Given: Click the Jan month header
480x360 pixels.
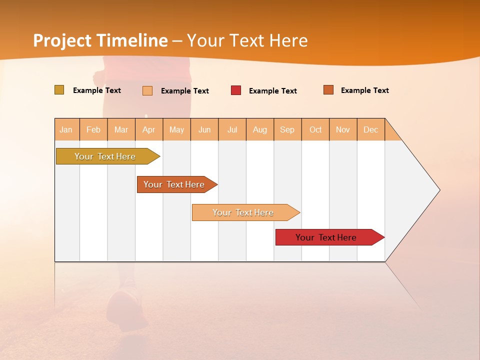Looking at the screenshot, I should pos(66,129).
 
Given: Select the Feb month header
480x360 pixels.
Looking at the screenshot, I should pos(93,129).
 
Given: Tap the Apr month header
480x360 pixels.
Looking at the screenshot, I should pos(149,129).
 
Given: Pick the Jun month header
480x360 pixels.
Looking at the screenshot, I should pos(204,129).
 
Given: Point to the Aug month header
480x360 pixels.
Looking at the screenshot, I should pos(260,129).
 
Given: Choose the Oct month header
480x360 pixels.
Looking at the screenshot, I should pos(315,129).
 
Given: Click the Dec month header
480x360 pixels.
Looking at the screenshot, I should pos(371,129).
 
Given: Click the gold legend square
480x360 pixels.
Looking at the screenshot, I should pos(59,90).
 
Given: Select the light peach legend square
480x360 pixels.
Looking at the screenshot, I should pos(147,90).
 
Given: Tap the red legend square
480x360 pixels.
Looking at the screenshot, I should pos(236,90).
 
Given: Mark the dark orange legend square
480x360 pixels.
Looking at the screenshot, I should pos(328,90).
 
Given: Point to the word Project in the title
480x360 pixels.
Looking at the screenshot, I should pos(62,40).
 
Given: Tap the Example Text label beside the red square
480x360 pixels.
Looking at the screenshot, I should pos(272,91).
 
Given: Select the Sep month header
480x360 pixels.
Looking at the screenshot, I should pos(287,129).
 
